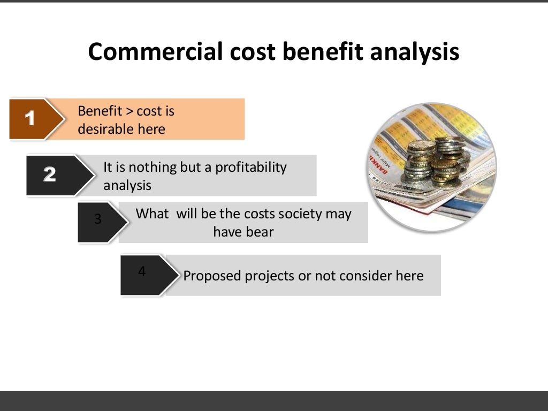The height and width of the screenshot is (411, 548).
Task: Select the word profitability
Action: tap(251, 167)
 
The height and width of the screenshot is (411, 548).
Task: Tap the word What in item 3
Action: tap(152, 214)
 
